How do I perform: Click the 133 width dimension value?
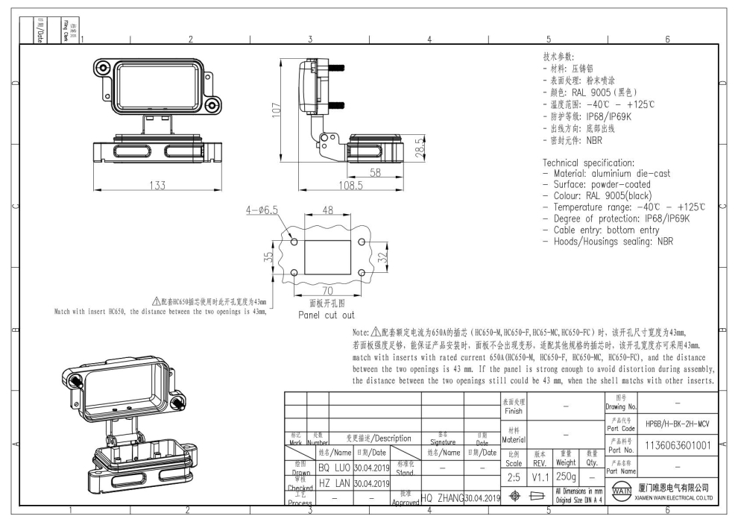(157, 186)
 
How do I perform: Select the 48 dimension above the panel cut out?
(327, 211)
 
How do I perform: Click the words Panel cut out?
(327, 315)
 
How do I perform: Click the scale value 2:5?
(514, 477)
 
